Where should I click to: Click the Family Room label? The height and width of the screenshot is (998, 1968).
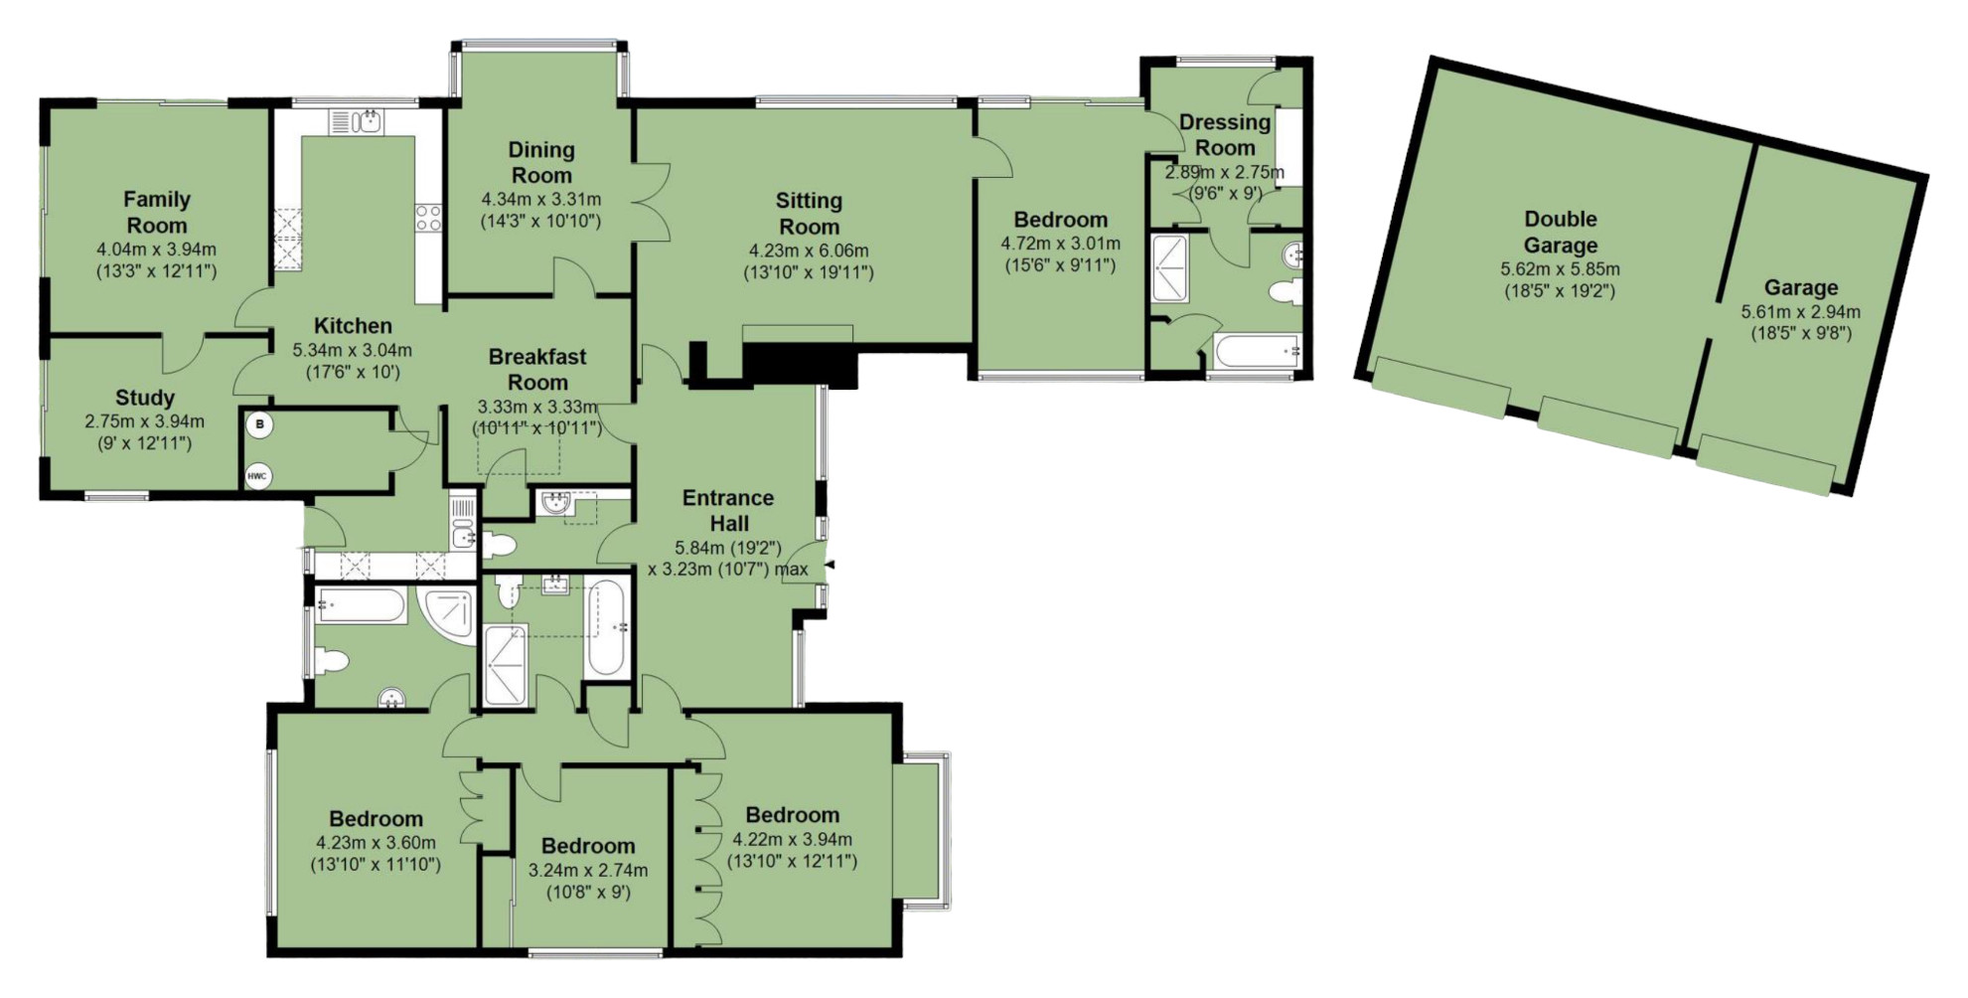coord(157,212)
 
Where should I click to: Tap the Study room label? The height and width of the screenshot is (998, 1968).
coord(145,398)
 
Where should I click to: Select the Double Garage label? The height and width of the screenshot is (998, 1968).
coord(1561,232)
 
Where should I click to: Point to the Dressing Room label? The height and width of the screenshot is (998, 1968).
coord(1225,134)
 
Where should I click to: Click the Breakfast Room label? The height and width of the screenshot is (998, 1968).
coord(537,369)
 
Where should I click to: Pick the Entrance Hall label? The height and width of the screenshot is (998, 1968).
coord(728,510)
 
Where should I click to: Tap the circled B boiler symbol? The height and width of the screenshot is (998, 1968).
coord(259,424)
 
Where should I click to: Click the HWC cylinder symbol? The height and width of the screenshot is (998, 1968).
coord(257,476)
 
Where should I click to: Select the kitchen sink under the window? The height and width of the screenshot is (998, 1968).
coord(357,122)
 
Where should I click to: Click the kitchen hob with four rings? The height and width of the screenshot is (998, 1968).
coord(428,218)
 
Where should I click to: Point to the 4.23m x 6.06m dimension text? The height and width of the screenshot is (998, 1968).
coord(809,250)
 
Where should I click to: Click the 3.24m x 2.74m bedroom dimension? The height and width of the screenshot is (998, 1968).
coord(588,871)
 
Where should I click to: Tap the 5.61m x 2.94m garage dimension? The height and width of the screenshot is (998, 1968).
coord(1801,312)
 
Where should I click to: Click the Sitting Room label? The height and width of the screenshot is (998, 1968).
coord(809,214)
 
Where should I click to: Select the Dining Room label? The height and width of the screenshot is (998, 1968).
coord(541,162)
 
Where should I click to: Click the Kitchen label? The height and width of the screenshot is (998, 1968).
coord(353,325)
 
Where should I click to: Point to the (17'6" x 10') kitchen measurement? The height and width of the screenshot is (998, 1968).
coord(353,373)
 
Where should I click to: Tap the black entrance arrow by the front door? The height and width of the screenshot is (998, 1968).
coord(831,566)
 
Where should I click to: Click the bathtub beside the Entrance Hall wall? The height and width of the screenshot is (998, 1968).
coord(607,627)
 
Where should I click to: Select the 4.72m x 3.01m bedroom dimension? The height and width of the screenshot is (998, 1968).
coord(1060,244)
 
